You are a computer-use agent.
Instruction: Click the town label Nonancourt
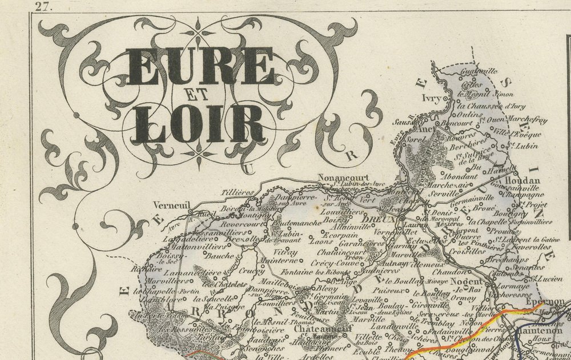click(343, 177)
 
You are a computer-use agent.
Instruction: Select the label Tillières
click(238, 193)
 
